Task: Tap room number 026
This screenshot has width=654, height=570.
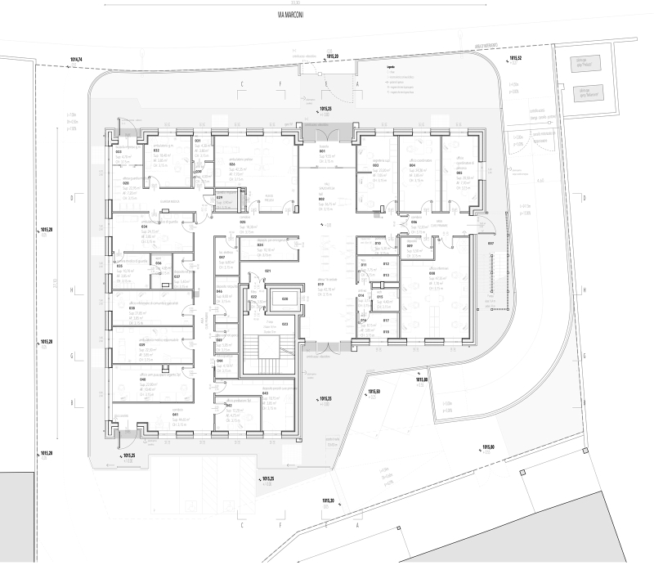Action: tap(210, 164)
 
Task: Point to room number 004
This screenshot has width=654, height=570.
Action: tap(413, 164)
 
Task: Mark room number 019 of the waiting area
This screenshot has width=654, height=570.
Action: tap(322, 284)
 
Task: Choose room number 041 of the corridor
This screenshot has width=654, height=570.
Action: tap(176, 415)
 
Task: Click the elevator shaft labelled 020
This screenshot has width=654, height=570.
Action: tap(285, 299)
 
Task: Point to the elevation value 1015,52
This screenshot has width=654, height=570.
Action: tap(515, 60)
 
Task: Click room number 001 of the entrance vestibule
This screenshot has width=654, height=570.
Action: tap(322, 152)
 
